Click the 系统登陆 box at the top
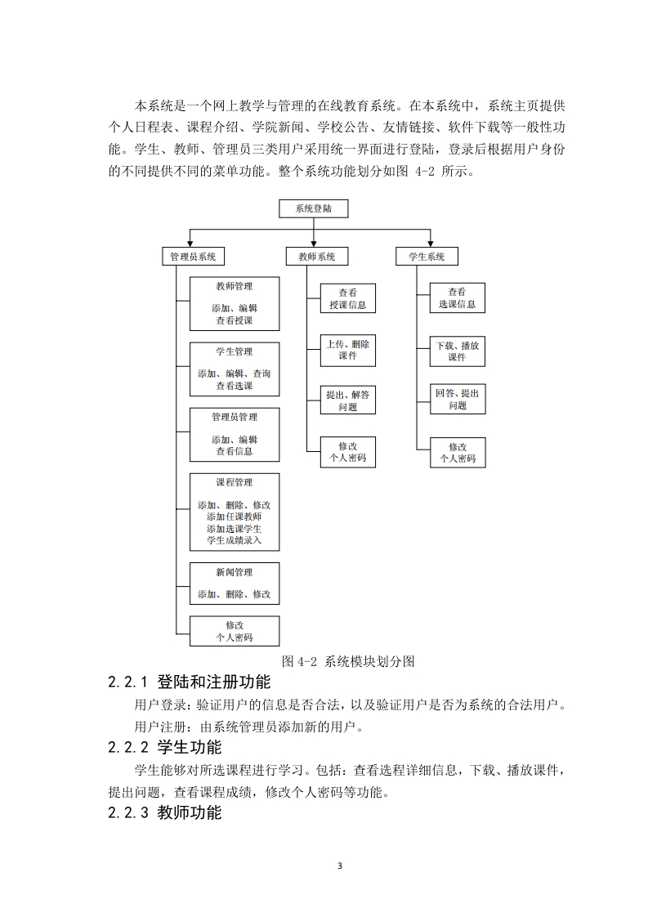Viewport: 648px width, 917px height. pos(314,208)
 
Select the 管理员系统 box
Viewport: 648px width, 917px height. pos(193,256)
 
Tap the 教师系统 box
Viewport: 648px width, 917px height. pos(317,256)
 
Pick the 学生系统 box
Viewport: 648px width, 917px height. pos(427,256)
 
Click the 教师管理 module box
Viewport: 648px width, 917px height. pos(235,303)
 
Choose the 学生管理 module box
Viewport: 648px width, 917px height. pos(235,369)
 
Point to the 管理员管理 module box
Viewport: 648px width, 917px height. pos(235,435)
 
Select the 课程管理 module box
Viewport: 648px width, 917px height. pos(235,512)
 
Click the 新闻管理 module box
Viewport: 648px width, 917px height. pos(235,583)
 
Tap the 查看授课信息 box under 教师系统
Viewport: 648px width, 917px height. pos(348,298)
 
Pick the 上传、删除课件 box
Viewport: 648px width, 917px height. pos(348,351)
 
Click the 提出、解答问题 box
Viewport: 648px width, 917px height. pos(348,400)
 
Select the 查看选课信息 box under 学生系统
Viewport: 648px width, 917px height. pos(458,297)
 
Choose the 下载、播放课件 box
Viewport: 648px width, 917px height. pos(458,351)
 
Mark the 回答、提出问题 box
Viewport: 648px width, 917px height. pos(458,399)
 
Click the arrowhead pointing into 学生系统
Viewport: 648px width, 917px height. pos(431,244)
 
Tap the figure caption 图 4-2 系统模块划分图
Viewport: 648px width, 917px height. pos(348,661)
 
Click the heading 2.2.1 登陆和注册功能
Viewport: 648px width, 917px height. pos(190,682)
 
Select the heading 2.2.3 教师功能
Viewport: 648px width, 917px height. pos(165,812)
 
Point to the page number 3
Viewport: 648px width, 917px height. pos(340,866)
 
